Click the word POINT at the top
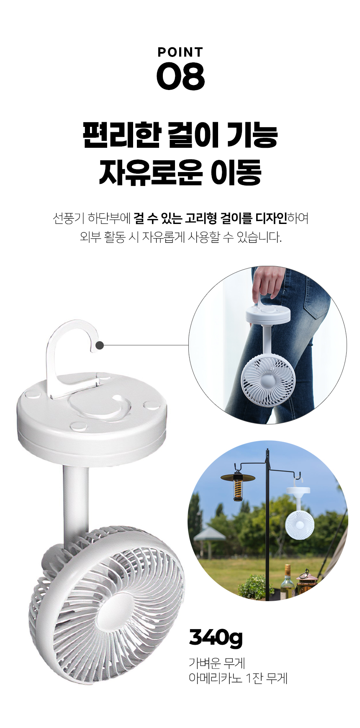tap(180, 52)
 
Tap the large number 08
tap(180, 76)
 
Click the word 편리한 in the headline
tap(122, 135)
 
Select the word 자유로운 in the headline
tap(151, 172)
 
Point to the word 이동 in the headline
tap(236, 172)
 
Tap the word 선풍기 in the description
tap(69, 218)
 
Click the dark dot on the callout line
tap(100, 345)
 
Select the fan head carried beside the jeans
tap(268, 380)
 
